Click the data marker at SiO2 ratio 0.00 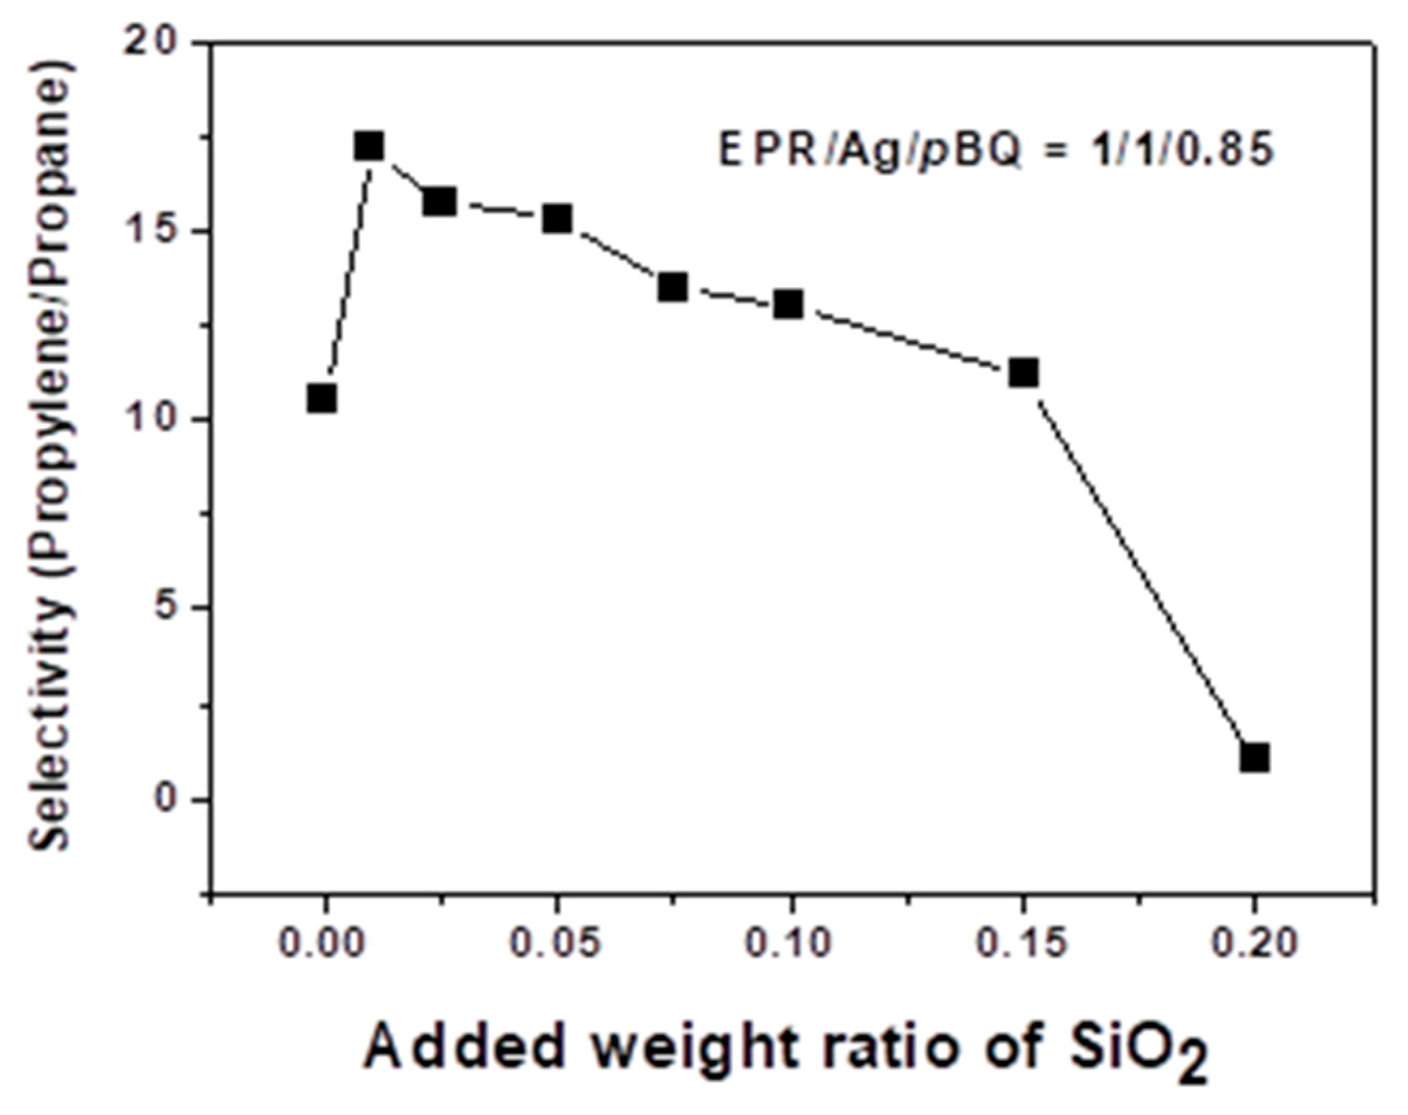[322, 398]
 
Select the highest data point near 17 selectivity [369, 145]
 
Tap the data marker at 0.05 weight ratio [557, 218]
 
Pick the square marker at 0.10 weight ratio [789, 304]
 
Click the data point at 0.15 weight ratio [1024, 373]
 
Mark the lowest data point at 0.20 [1255, 758]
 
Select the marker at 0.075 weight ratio [673, 287]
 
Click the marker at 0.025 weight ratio [439, 201]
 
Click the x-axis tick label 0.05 [556, 944]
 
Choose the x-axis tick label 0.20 [1254, 944]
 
